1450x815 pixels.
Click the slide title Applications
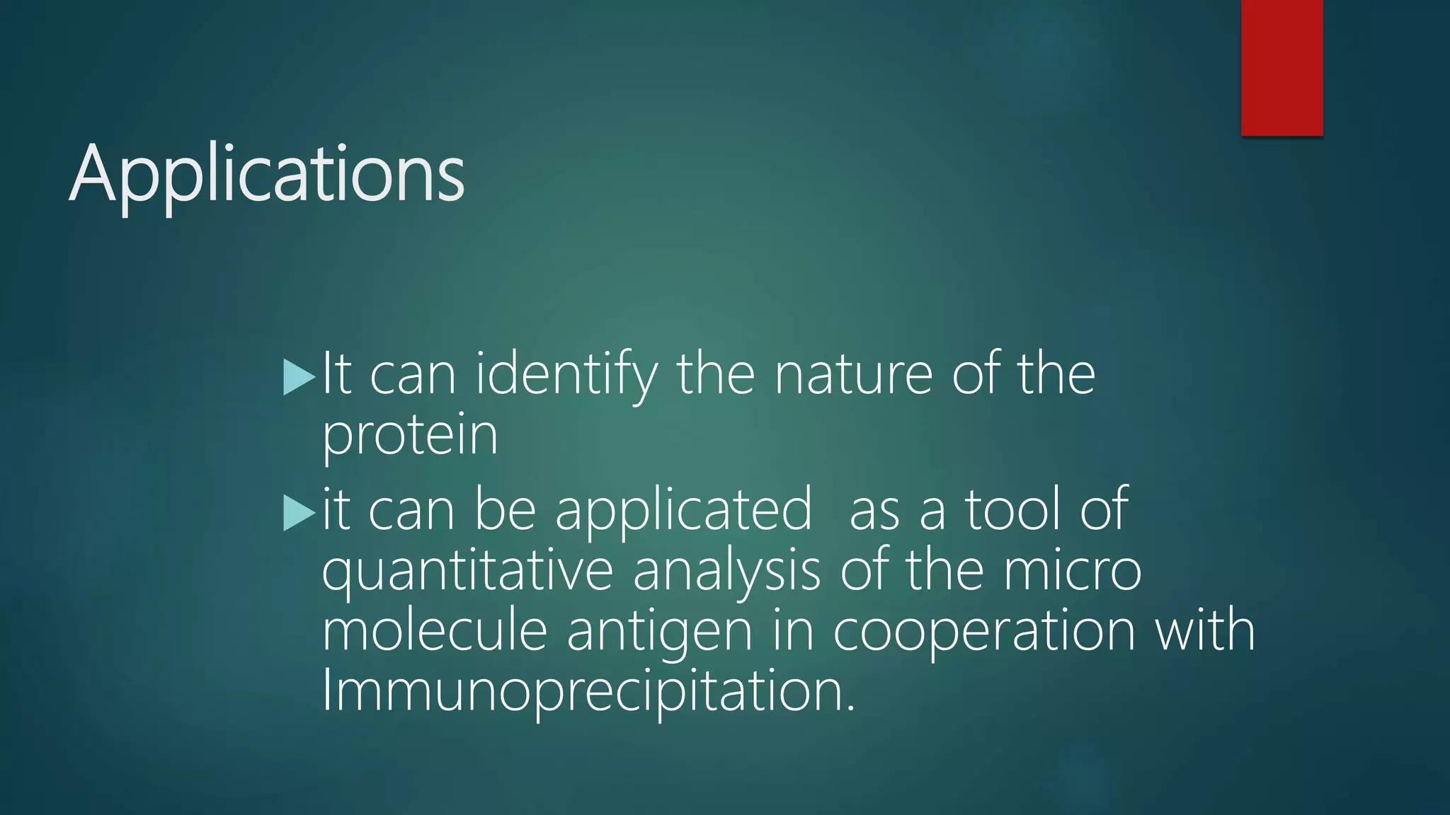point(267,173)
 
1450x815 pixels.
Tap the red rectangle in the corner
point(1281,67)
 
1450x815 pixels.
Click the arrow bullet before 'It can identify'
point(298,377)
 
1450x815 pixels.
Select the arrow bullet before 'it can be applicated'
point(298,512)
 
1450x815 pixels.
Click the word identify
point(566,375)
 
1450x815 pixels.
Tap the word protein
point(410,435)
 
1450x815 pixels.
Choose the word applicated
point(683,511)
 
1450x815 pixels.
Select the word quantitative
point(467,572)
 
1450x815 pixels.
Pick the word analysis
point(726,572)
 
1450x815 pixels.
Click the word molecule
point(435,630)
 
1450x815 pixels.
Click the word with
point(1205,630)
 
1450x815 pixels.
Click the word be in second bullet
point(505,509)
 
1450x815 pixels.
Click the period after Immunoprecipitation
point(850,708)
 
